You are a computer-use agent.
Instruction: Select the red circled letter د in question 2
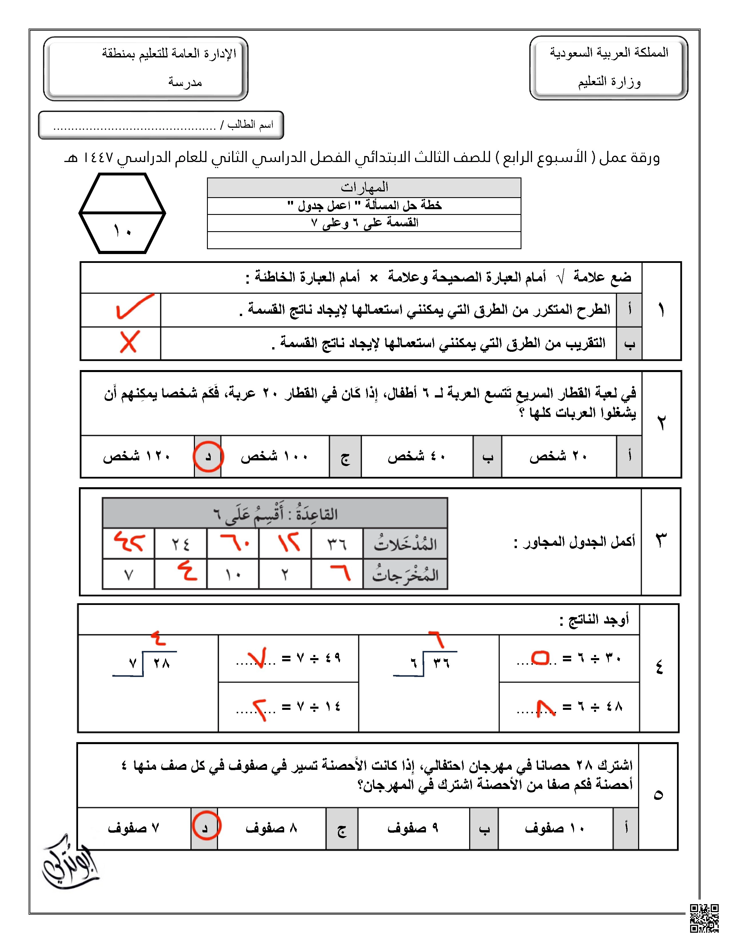click(208, 456)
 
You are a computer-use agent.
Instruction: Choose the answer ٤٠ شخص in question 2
click(416, 456)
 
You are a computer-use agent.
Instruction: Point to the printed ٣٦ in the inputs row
click(336, 544)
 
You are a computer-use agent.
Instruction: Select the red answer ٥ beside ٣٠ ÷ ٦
click(540, 658)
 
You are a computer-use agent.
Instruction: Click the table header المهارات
click(364, 187)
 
